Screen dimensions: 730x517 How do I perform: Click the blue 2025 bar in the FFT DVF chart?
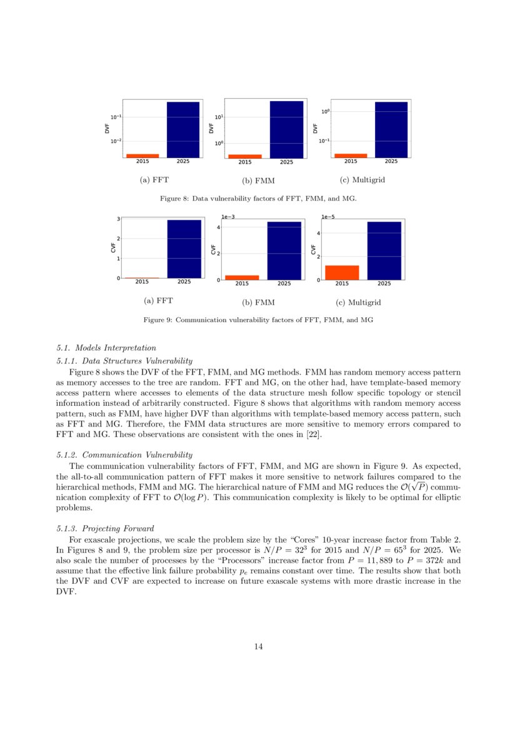183,129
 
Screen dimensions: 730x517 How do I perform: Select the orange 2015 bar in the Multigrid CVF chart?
342,272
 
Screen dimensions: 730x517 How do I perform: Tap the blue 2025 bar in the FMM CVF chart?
284,250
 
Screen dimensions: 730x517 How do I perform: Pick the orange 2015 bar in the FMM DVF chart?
245,156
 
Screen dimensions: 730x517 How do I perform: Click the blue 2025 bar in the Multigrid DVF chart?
391,129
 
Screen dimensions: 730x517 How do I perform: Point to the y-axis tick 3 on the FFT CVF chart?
118,219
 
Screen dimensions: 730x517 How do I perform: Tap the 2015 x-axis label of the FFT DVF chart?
142,161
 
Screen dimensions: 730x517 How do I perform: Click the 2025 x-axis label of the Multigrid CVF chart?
384,283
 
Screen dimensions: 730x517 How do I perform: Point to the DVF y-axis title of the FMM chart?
211,129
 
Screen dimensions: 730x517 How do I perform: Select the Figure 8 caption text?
258,198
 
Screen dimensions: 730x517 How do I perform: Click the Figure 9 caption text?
258,320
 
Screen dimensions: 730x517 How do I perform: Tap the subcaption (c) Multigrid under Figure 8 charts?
361,180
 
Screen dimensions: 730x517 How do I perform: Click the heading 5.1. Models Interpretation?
106,348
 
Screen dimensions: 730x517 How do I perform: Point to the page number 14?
258,646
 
